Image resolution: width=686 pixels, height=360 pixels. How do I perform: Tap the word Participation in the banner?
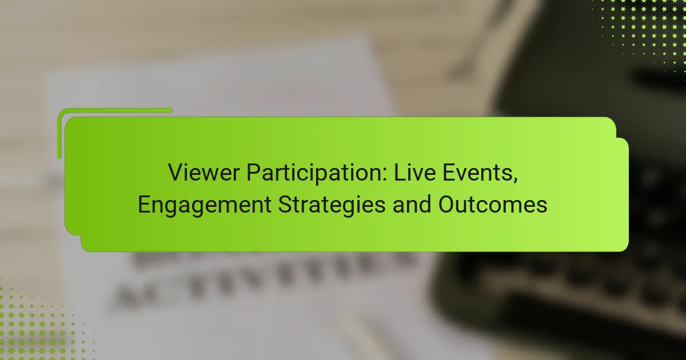coord(300,172)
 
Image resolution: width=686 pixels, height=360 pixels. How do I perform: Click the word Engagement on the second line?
coord(205,205)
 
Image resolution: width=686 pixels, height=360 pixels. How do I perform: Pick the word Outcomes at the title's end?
coord(493,205)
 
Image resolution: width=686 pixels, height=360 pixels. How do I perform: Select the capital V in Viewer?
coord(174,172)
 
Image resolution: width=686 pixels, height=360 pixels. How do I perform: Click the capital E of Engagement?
coord(143,205)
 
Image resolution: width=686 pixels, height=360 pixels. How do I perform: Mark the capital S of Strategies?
coord(284,205)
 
